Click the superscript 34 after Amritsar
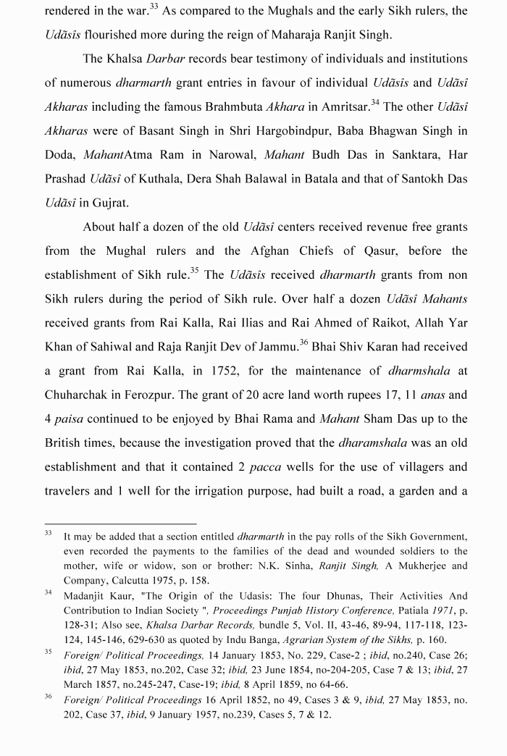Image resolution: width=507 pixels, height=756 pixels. [374, 103]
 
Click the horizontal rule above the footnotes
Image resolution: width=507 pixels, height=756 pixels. [120, 523]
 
